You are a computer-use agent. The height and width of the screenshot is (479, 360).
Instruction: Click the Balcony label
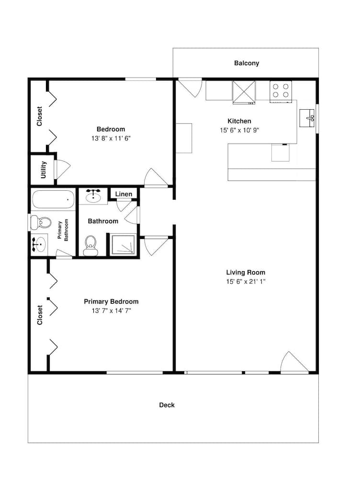(x=247, y=63)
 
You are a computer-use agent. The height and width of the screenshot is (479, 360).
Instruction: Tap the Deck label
(x=167, y=405)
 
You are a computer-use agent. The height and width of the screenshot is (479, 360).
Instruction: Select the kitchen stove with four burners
(x=281, y=91)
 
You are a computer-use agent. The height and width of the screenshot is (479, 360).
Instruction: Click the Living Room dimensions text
(x=246, y=282)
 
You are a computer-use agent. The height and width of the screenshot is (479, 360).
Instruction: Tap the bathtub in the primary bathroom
(x=53, y=199)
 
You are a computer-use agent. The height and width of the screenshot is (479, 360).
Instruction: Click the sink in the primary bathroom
(x=39, y=244)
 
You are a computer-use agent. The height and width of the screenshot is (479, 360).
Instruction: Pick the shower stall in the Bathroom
(x=124, y=245)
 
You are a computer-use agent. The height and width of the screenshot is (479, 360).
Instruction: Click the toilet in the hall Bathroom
(x=90, y=246)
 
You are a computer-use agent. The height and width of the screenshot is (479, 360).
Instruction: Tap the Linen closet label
(x=124, y=194)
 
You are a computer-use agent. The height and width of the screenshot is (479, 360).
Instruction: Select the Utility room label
(x=44, y=170)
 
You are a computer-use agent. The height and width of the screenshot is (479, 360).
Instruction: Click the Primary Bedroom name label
(x=111, y=302)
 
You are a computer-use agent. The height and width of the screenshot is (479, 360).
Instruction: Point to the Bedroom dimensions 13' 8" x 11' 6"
(x=111, y=138)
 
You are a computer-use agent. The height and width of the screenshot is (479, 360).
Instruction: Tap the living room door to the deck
(x=293, y=363)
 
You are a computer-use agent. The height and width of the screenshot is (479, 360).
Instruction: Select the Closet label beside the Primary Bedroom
(x=40, y=315)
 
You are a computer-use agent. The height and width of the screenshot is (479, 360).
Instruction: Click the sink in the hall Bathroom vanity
(x=93, y=196)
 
